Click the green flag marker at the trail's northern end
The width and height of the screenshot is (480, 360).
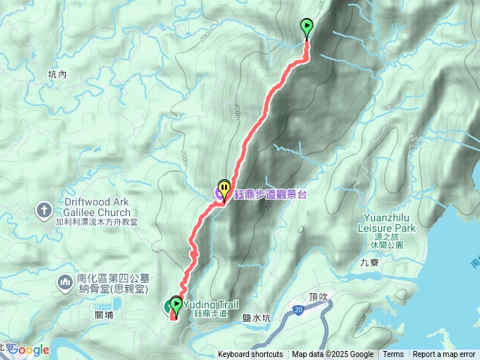(307, 28)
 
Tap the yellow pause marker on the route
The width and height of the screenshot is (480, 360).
(224, 187)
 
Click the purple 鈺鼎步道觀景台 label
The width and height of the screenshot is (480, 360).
(271, 194)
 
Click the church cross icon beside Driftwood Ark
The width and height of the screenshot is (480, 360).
(44, 208)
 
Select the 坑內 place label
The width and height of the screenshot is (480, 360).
(57, 74)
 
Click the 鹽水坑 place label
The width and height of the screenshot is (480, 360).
(256, 318)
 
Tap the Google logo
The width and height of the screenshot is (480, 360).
(28, 349)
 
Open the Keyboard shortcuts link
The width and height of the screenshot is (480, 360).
(250, 355)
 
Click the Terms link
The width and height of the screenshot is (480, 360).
(393, 355)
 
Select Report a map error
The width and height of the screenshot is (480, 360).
(444, 355)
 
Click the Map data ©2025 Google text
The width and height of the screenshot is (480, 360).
(333, 355)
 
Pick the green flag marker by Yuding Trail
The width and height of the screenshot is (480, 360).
(176, 304)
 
